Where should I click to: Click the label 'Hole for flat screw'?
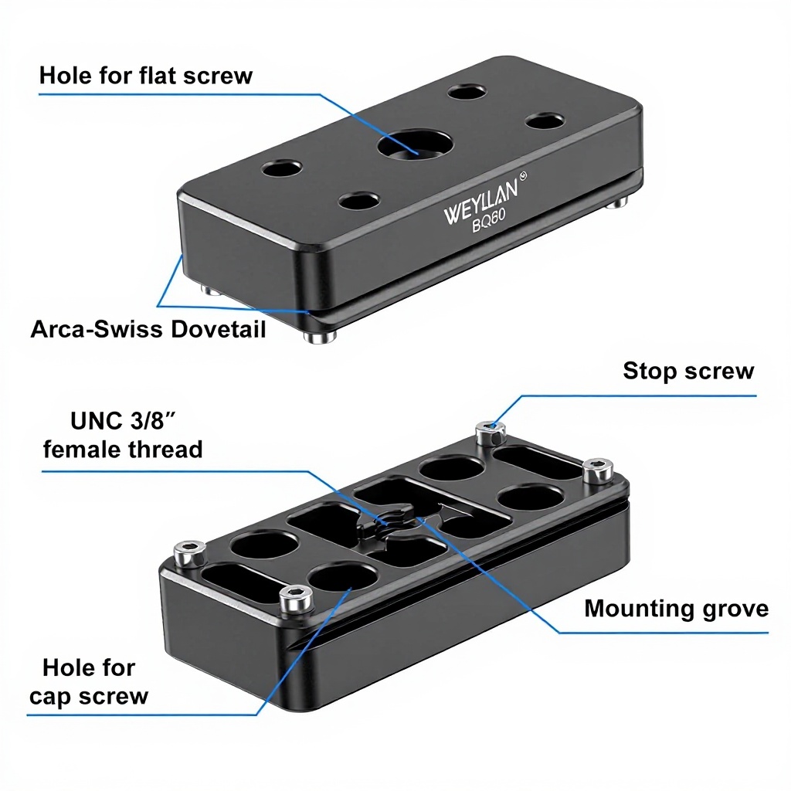click(x=145, y=76)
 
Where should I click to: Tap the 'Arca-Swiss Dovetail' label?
click(x=148, y=330)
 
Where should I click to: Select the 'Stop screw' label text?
click(x=687, y=371)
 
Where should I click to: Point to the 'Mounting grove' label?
click(x=676, y=609)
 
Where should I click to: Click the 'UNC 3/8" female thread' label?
click(x=123, y=435)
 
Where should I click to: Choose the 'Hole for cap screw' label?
click(x=89, y=681)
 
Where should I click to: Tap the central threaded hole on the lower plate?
click(x=384, y=519)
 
